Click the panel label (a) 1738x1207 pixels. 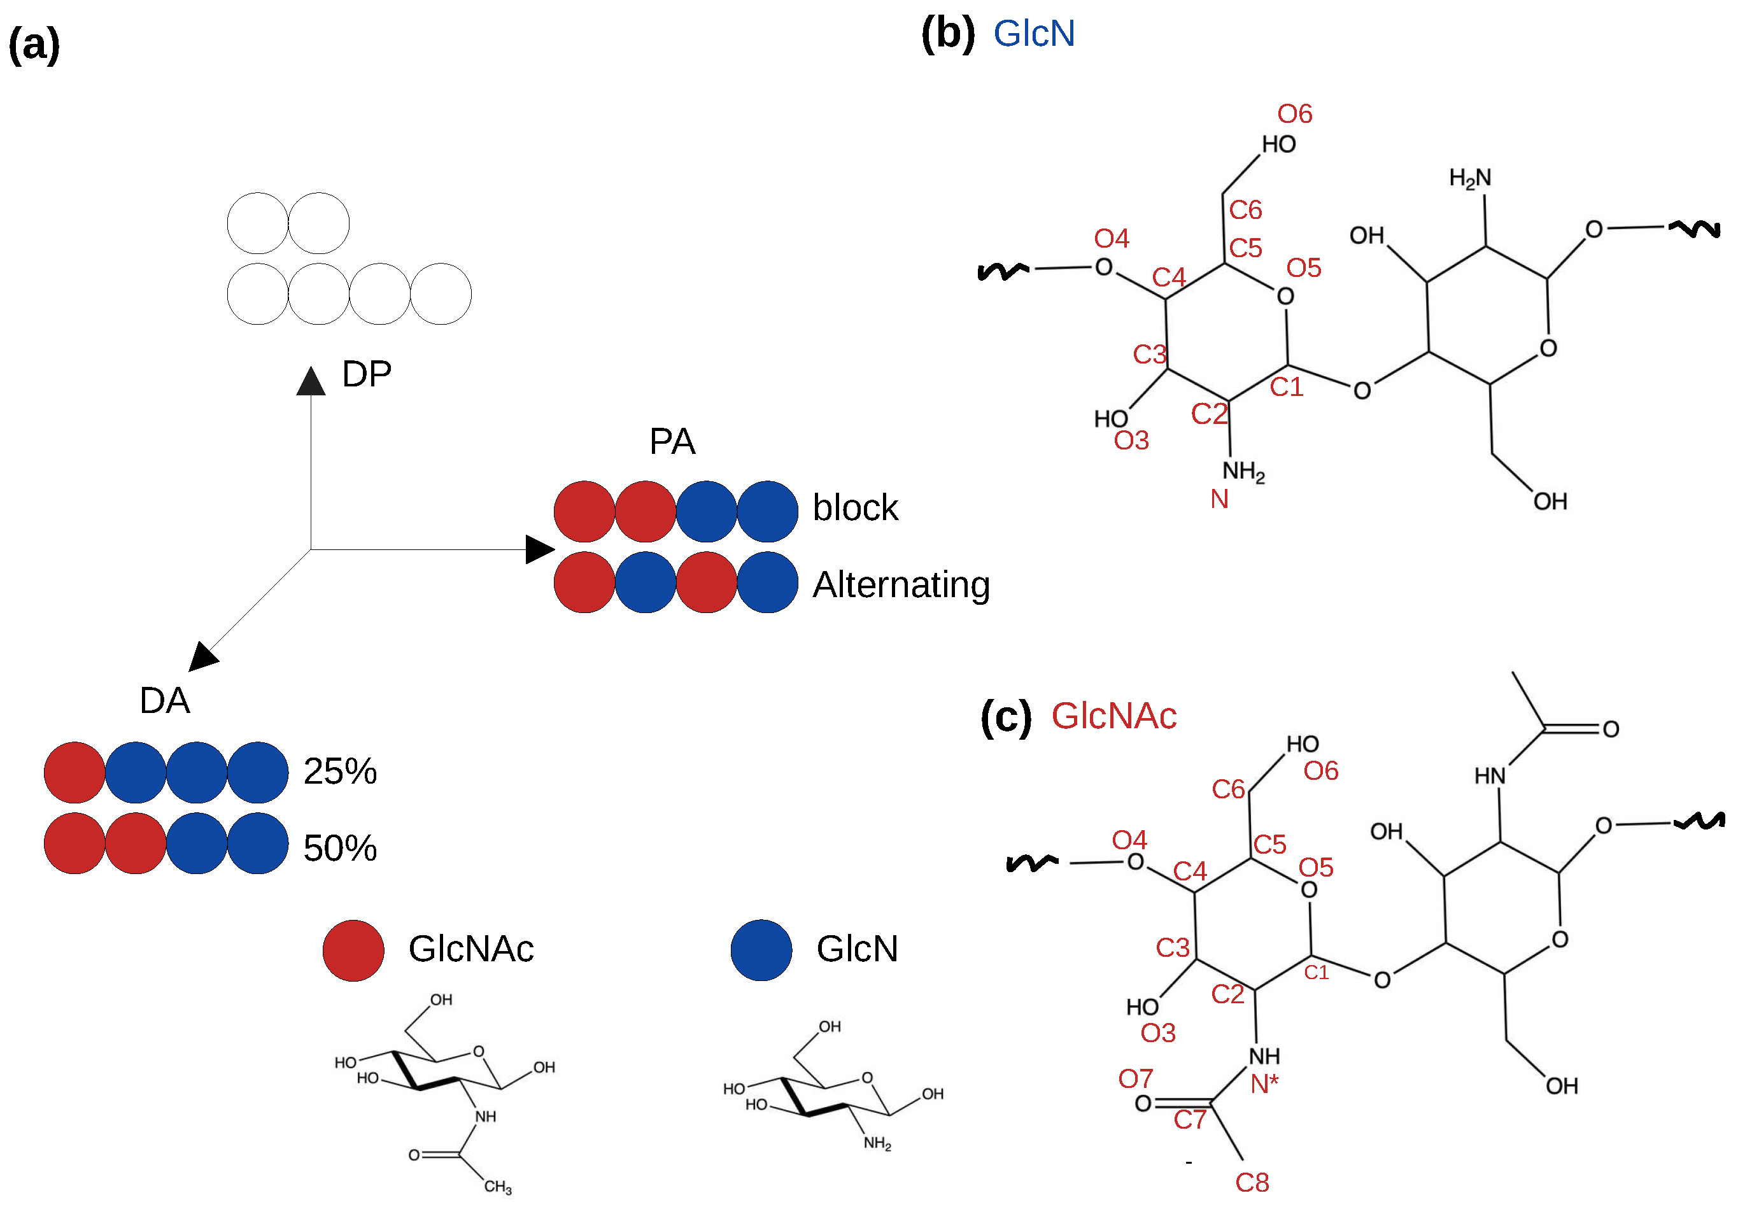pos(34,45)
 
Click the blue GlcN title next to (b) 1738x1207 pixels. pos(1033,34)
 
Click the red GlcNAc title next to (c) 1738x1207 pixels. pos(1113,716)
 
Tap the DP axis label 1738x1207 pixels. pos(366,374)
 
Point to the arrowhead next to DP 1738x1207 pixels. pos(311,382)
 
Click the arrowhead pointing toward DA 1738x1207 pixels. pos(202,656)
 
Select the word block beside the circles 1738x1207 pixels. pos(854,507)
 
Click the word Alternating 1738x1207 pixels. pos(901,584)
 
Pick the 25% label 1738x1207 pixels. pos(339,772)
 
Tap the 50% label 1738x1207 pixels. pos(339,848)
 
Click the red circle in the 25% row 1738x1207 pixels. pos(74,772)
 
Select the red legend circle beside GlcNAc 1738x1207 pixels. pos(353,950)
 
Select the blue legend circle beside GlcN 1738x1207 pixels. pos(761,950)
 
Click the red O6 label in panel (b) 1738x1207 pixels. pos(1294,114)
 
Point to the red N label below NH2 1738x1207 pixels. pos(1219,499)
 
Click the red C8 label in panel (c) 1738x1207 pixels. pos(1252,1183)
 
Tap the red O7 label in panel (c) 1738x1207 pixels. pos(1135,1078)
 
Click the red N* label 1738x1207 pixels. pos(1263,1083)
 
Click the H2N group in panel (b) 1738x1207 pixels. pos(1469,178)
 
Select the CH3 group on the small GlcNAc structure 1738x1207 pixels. pos(498,1187)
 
